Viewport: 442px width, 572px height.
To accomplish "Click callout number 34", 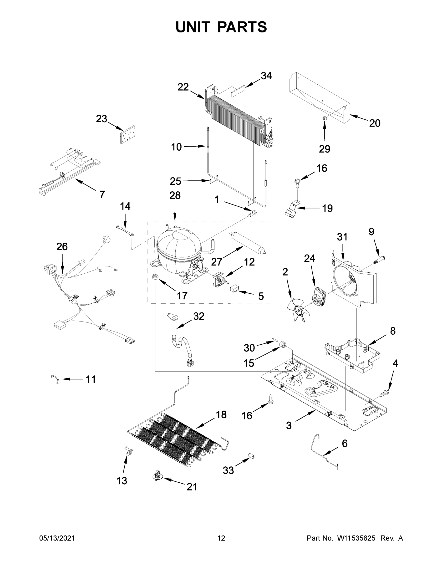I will pos(266,76).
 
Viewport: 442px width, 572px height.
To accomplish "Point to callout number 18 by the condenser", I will pos(221,415).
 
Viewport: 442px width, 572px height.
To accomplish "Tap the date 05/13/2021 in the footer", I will pos(57,538).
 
